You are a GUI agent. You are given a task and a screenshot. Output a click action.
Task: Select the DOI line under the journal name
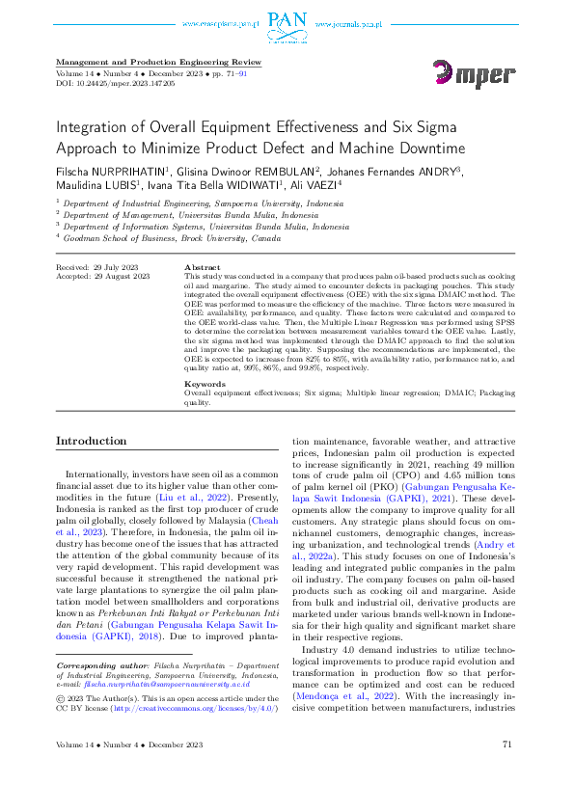(x=116, y=85)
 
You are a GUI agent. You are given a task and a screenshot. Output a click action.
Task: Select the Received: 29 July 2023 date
(x=99, y=266)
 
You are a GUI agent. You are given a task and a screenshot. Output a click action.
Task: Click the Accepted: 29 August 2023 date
(x=103, y=276)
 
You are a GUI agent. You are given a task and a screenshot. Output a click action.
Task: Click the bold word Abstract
(x=202, y=267)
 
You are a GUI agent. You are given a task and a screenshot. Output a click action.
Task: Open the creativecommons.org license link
(x=192, y=709)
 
